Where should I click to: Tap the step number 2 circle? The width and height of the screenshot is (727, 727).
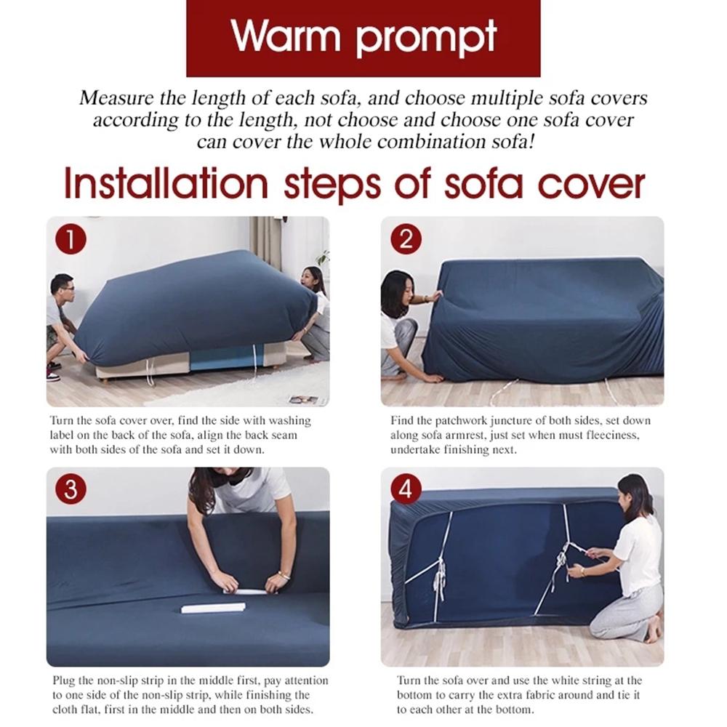(x=406, y=239)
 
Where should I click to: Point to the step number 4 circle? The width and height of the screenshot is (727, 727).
(x=406, y=490)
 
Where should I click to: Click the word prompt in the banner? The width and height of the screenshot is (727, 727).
(x=427, y=38)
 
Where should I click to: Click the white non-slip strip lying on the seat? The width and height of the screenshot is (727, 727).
(x=211, y=606)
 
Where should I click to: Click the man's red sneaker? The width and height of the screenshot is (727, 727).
(x=52, y=376)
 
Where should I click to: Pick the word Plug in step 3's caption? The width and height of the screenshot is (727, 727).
(x=63, y=680)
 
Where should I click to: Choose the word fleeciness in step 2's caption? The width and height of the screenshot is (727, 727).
(x=622, y=435)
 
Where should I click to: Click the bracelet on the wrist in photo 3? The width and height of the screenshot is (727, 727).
(x=283, y=575)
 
